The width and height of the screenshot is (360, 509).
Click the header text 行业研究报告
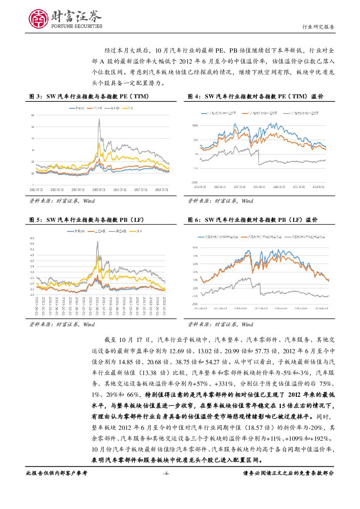[x=318, y=27]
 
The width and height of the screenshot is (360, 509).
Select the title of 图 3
[x=91, y=96]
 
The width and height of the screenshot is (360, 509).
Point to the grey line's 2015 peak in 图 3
[x=99, y=119]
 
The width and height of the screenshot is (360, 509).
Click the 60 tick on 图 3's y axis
[x=33, y=115]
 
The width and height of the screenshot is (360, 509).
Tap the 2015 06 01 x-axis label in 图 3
[x=100, y=190]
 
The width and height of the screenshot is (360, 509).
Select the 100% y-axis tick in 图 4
[x=195, y=125]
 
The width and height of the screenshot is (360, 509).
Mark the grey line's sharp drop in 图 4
[x=258, y=157]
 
